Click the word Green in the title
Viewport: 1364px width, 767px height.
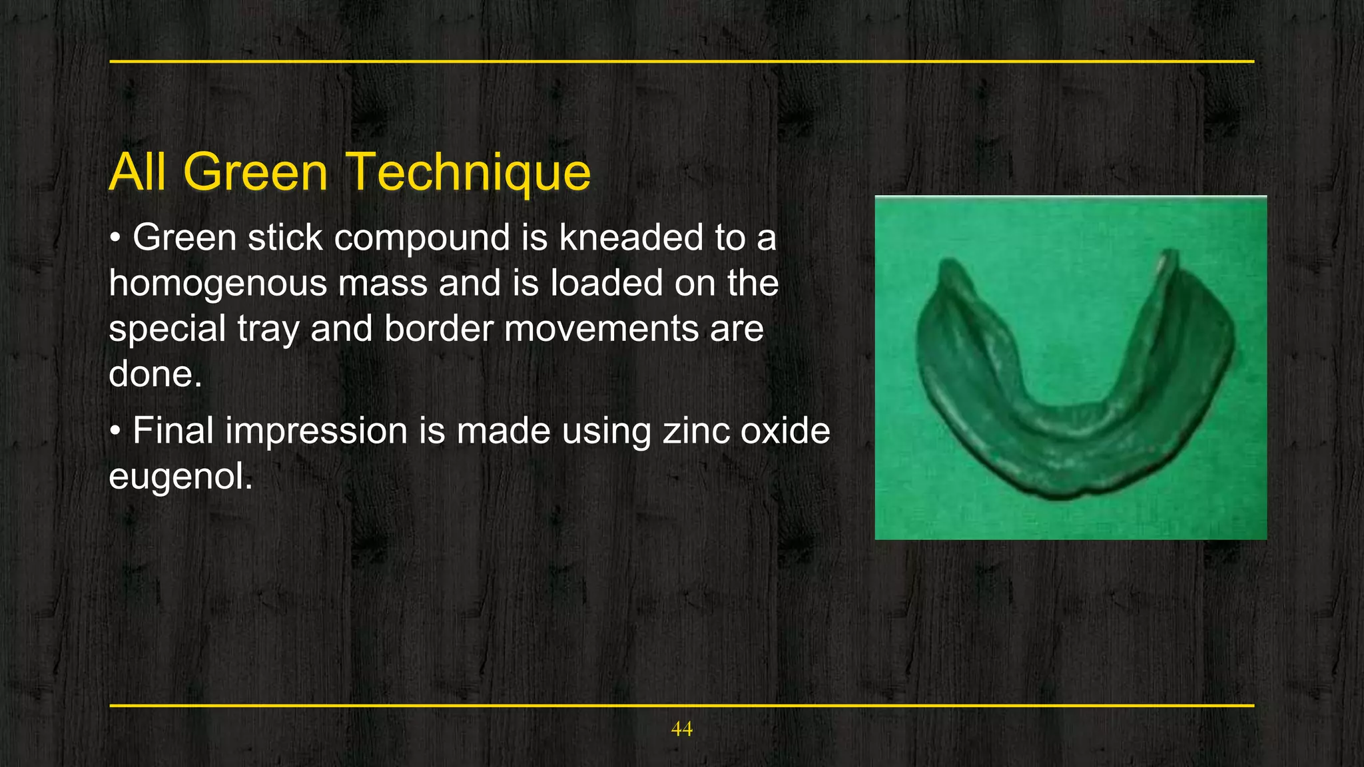(x=255, y=172)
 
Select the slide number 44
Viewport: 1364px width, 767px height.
(x=681, y=729)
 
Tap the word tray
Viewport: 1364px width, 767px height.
(x=266, y=329)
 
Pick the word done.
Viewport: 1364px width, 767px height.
(x=155, y=374)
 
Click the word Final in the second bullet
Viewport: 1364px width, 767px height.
(x=172, y=431)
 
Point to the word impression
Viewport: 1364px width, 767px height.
(x=316, y=431)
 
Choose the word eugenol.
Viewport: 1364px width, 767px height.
(x=180, y=477)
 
